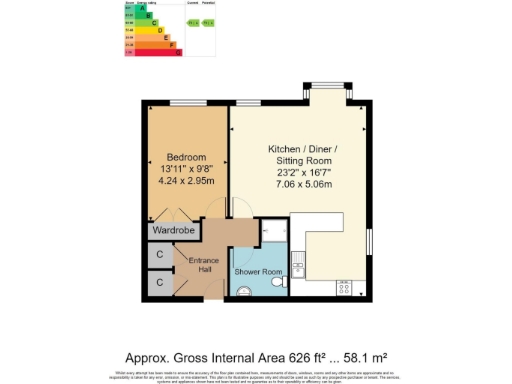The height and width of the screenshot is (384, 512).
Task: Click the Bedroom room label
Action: (x=186, y=157)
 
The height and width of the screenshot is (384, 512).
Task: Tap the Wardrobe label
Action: (x=172, y=230)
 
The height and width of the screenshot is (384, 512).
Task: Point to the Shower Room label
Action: (x=258, y=272)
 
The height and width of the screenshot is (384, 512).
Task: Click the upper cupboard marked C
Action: (x=160, y=254)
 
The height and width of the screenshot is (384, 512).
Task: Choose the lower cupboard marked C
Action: (x=160, y=283)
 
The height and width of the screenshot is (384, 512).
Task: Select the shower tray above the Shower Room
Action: (x=276, y=236)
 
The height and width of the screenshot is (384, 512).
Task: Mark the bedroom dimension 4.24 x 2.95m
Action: (x=186, y=183)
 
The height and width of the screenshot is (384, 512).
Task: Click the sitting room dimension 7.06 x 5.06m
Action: (x=302, y=184)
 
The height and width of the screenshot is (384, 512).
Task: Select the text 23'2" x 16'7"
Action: (x=302, y=171)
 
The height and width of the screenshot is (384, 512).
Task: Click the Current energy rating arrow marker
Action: (x=191, y=21)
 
